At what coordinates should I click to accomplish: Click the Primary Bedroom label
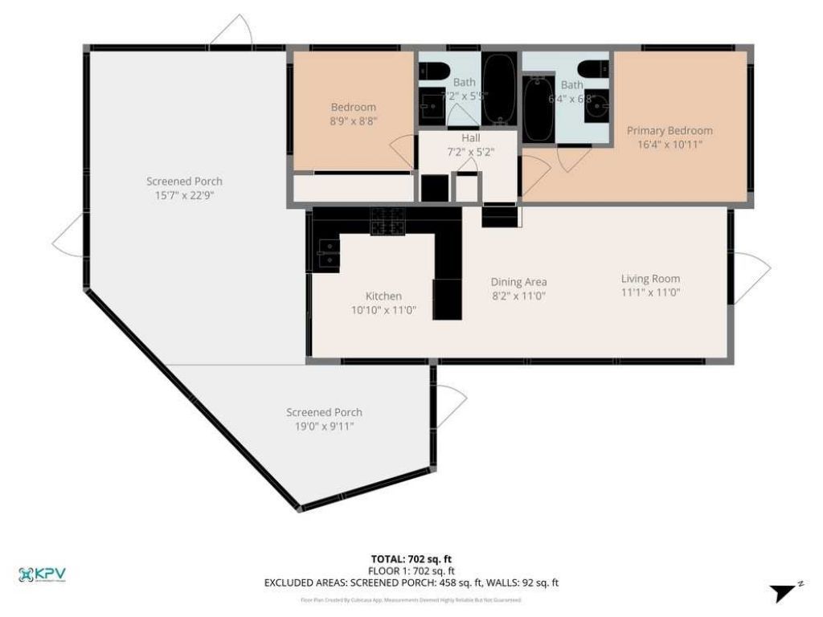click(x=669, y=130)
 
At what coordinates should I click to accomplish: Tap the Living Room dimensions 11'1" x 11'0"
click(x=650, y=292)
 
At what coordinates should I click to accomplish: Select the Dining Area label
click(x=518, y=282)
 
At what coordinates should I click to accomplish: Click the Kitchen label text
click(x=383, y=296)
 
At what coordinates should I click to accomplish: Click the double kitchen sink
click(x=327, y=256)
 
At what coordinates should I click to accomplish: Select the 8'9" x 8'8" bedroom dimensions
click(x=354, y=121)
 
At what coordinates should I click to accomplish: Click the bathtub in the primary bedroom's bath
click(x=538, y=108)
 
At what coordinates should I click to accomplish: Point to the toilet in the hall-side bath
click(x=436, y=71)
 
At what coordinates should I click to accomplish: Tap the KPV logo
click(x=42, y=574)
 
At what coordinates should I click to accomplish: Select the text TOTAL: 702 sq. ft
click(x=411, y=559)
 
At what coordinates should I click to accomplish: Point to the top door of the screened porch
click(x=232, y=32)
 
